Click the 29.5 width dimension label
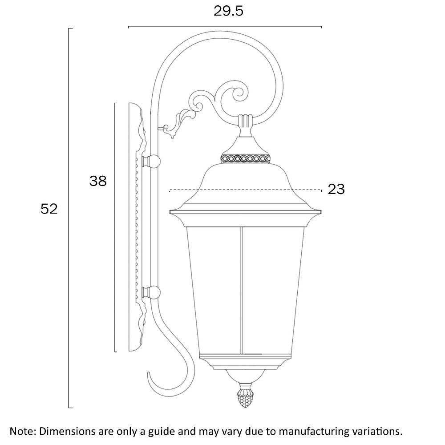coord(228,11)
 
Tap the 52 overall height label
coord(49,209)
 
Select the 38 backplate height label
coord(98,181)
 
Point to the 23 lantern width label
coord(336,189)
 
